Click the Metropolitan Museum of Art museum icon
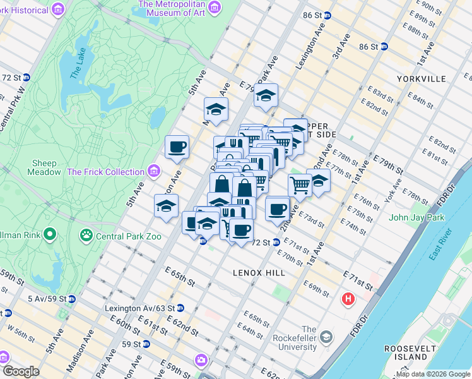(x=215, y=8)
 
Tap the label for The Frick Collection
(x=105, y=172)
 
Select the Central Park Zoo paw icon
(x=85, y=236)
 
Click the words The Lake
(x=76, y=65)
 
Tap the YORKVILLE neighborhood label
(x=422, y=79)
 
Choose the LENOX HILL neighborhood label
(x=259, y=272)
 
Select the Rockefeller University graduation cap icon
(x=326, y=337)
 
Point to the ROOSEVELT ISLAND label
(x=410, y=352)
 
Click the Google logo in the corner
(x=21, y=371)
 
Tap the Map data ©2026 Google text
(x=433, y=375)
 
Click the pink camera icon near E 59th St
(x=201, y=360)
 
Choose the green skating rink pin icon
(x=49, y=236)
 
